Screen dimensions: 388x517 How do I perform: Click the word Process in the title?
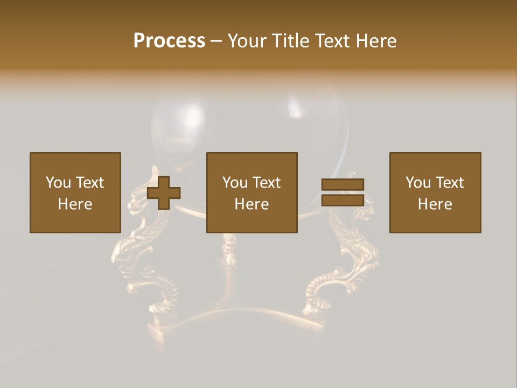click(x=169, y=41)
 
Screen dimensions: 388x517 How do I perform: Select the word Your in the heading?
click(x=248, y=41)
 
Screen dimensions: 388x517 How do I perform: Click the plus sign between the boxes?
click(x=164, y=192)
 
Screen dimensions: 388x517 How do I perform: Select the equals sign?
click(x=343, y=192)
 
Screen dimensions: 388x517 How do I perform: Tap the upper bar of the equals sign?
click(x=343, y=185)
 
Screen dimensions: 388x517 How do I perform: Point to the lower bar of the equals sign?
click(x=343, y=200)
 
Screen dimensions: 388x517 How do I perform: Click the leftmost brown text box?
click(x=75, y=192)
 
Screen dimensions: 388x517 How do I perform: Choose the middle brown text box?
click(x=251, y=192)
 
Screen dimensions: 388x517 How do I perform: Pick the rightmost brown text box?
click(x=435, y=192)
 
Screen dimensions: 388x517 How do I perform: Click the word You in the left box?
click(x=58, y=183)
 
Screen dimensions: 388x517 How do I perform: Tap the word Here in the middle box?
click(x=251, y=204)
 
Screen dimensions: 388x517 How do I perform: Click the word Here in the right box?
click(x=435, y=204)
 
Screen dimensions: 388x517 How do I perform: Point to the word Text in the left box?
click(x=89, y=183)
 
